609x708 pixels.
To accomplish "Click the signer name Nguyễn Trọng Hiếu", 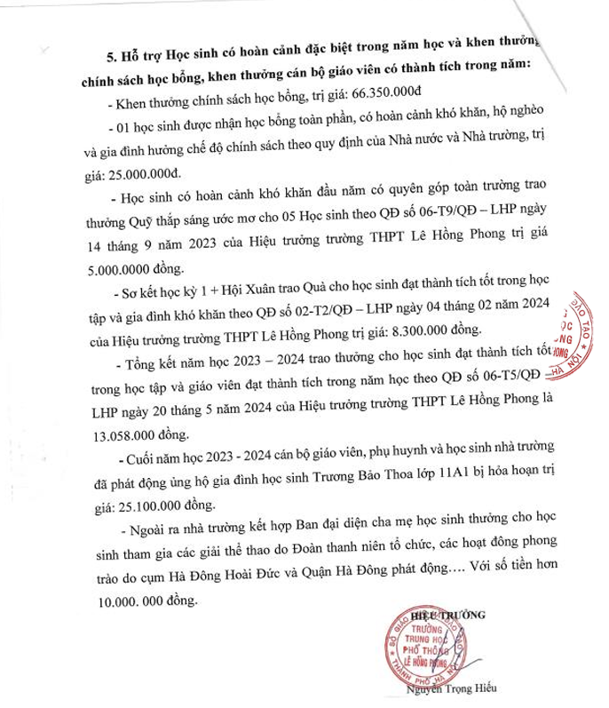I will point(452,688).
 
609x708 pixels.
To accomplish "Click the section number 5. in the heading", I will point(113,55).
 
